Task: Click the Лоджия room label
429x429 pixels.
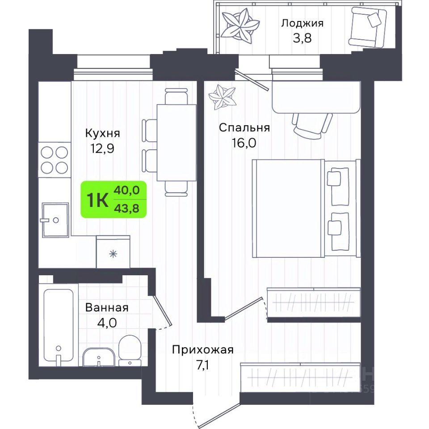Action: pyautogui.click(x=303, y=24)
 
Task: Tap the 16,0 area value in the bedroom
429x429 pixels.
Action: pyautogui.click(x=244, y=143)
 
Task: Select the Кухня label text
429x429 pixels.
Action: pyautogui.click(x=103, y=133)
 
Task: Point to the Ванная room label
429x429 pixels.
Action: pyautogui.click(x=107, y=307)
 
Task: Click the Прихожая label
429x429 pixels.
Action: pyautogui.click(x=203, y=350)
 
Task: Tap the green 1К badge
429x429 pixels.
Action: pyautogui.click(x=114, y=199)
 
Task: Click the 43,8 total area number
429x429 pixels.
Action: pyautogui.click(x=126, y=209)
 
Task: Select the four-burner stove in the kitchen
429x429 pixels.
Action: pyautogui.click(x=55, y=160)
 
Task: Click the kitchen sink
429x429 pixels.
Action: pyautogui.click(x=55, y=220)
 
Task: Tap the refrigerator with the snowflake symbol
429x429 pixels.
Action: pyautogui.click(x=113, y=252)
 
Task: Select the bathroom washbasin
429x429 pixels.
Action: pyautogui.click(x=98, y=357)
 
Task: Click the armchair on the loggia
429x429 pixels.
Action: pyautogui.click(x=367, y=27)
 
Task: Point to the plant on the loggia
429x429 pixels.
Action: pyautogui.click(x=240, y=26)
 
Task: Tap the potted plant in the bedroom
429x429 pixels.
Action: pyautogui.click(x=222, y=97)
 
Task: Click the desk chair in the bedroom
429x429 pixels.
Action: pyautogui.click(x=312, y=125)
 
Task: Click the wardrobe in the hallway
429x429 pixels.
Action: pyautogui.click(x=300, y=378)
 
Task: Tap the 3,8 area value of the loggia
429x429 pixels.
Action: pyautogui.click(x=303, y=38)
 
